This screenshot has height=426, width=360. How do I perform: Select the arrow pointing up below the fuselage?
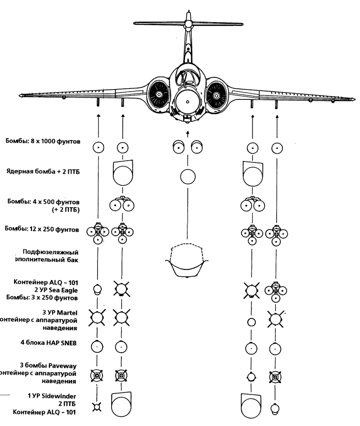point(188,134)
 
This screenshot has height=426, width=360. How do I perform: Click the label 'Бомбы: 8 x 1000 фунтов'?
point(43,142)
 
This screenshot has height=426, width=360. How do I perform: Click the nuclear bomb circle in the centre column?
point(188,177)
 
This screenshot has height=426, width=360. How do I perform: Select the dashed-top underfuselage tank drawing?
point(187,260)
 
